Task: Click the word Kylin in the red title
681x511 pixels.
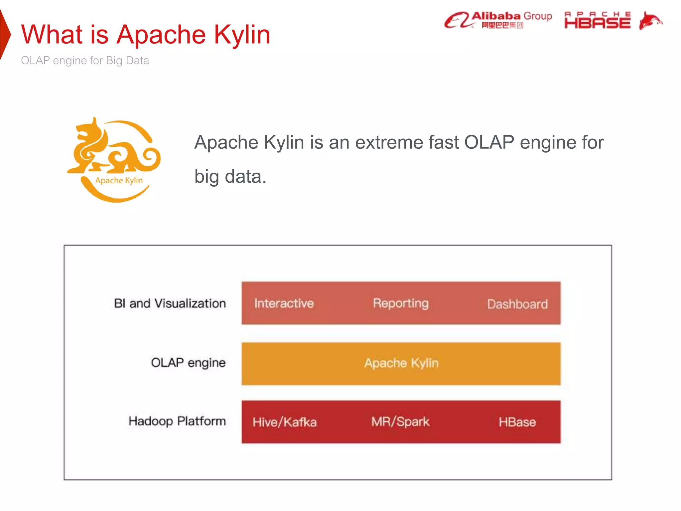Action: (242, 35)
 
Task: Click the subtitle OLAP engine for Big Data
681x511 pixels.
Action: (85, 61)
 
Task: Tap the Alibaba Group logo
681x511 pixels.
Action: (498, 20)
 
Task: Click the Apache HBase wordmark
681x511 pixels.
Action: (597, 20)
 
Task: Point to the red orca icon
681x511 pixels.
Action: (650, 21)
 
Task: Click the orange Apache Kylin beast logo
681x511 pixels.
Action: (114, 160)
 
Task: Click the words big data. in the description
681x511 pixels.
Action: (230, 176)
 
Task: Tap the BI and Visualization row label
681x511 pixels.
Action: (170, 303)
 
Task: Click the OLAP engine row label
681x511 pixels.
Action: (188, 363)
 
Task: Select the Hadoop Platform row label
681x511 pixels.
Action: (177, 421)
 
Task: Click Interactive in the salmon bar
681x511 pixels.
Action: (284, 303)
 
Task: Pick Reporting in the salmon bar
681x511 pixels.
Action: (401, 303)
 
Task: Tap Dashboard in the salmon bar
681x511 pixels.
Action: (517, 304)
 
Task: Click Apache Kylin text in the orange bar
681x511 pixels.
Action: (401, 363)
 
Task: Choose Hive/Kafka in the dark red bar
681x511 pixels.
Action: (285, 422)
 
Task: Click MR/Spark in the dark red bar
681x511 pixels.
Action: (400, 422)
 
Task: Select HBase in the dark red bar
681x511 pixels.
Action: (517, 422)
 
